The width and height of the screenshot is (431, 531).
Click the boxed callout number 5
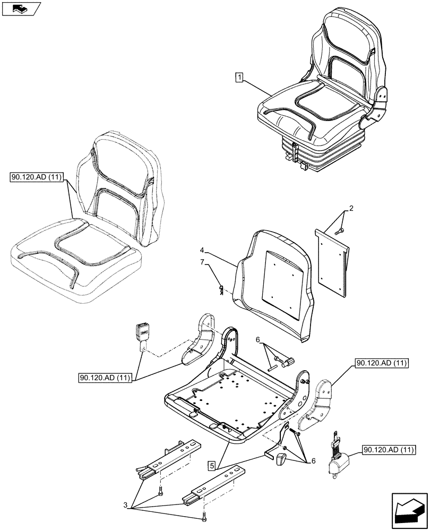point(212,466)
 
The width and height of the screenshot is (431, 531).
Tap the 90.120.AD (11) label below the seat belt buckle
point(105,378)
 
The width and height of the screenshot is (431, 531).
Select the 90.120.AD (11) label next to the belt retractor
point(389,451)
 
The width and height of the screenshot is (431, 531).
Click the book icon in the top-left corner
point(21,8)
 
